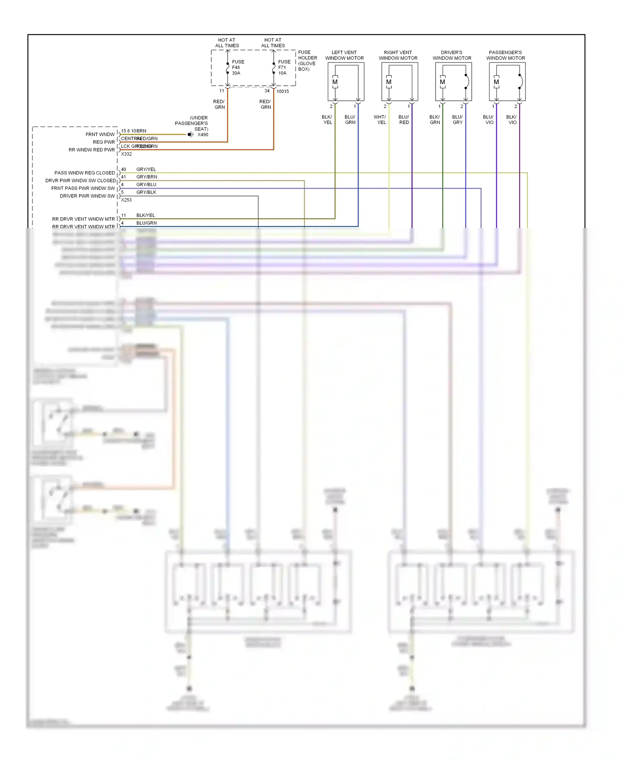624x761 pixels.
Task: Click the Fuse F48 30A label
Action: (x=238, y=67)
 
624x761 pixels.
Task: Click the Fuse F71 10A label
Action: (x=284, y=67)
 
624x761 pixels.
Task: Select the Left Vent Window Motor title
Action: (x=344, y=55)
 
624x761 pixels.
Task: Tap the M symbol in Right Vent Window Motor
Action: (x=389, y=82)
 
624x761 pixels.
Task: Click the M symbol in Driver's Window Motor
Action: (x=442, y=82)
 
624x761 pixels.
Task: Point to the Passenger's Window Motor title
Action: (x=505, y=55)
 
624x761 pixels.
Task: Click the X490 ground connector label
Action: (x=203, y=134)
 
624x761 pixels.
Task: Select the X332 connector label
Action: (x=126, y=154)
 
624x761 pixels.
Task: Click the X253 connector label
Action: (x=126, y=200)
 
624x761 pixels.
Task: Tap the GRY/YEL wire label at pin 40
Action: (x=146, y=169)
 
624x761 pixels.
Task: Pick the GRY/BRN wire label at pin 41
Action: (x=146, y=177)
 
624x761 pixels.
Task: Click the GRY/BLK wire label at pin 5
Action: (x=146, y=192)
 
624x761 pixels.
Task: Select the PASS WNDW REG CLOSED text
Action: (x=84, y=173)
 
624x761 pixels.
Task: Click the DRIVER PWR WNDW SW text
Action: (x=87, y=196)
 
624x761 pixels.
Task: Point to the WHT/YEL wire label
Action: (x=380, y=120)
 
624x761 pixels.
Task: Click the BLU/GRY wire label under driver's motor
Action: (x=457, y=120)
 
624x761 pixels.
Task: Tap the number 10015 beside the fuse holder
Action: (x=282, y=92)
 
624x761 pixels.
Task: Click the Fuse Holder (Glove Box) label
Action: (x=307, y=61)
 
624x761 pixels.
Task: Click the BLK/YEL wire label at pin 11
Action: (x=145, y=215)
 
